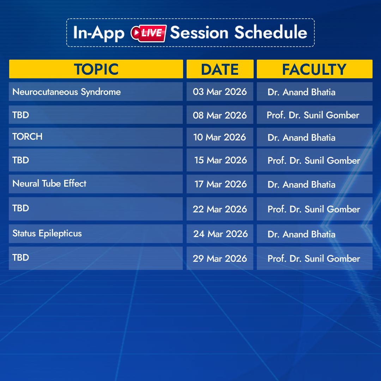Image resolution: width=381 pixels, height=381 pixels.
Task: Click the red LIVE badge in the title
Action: click(149, 33)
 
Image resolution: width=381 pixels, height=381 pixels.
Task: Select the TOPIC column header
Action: click(96, 69)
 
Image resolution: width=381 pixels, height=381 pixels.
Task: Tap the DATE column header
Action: click(220, 69)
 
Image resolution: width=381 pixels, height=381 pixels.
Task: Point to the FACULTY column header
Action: click(314, 69)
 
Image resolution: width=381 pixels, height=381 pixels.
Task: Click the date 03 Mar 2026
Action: click(220, 92)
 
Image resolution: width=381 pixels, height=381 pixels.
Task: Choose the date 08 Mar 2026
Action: click(220, 115)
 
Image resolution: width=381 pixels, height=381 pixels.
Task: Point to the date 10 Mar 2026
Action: click(220, 137)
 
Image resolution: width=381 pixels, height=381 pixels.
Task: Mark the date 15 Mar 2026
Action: click(220, 160)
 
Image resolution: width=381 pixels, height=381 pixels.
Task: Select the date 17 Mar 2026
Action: click(220, 184)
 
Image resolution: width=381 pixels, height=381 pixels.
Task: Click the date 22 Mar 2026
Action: click(220, 209)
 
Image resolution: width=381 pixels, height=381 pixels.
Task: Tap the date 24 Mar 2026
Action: click(220, 234)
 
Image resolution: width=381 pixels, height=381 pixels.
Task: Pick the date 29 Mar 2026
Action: click(220, 259)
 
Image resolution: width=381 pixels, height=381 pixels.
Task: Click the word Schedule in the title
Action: click(271, 32)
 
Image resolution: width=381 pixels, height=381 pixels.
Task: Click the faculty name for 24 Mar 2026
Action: click(302, 234)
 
